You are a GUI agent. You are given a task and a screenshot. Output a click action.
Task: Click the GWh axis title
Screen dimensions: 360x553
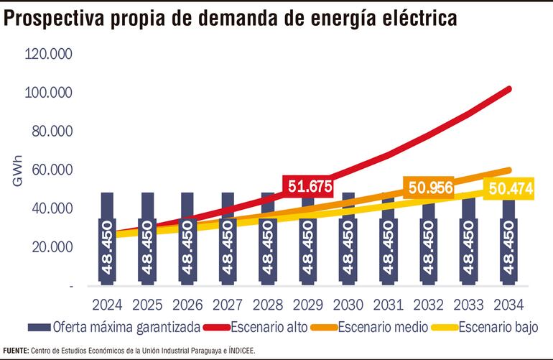(x=17, y=170)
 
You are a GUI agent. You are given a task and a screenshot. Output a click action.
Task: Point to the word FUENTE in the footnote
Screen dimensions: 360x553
(x=15, y=350)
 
